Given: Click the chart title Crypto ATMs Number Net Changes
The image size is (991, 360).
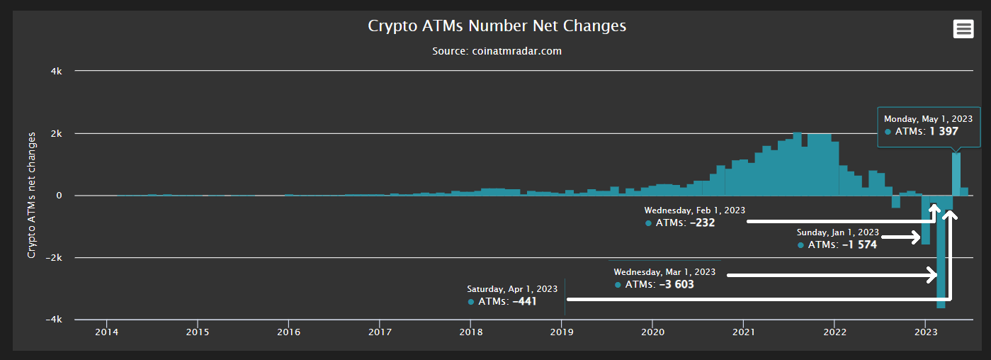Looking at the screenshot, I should click(x=497, y=26).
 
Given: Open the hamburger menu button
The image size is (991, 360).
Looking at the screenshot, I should click(x=962, y=29).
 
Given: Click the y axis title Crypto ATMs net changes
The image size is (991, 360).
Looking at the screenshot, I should click(x=32, y=194).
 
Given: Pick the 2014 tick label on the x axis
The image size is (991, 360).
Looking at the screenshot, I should click(x=106, y=332).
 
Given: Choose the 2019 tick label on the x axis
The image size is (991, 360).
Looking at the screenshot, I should click(x=562, y=332).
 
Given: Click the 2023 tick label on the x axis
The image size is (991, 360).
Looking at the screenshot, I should click(x=926, y=332).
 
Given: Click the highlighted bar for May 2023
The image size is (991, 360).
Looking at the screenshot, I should click(x=956, y=174).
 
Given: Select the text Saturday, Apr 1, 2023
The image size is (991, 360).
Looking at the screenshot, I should click(x=512, y=289).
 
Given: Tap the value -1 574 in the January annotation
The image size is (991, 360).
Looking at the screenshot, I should click(x=859, y=244).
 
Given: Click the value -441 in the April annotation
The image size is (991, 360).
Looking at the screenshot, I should click(x=524, y=301).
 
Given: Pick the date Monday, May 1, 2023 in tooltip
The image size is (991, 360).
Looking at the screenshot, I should click(x=928, y=119).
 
